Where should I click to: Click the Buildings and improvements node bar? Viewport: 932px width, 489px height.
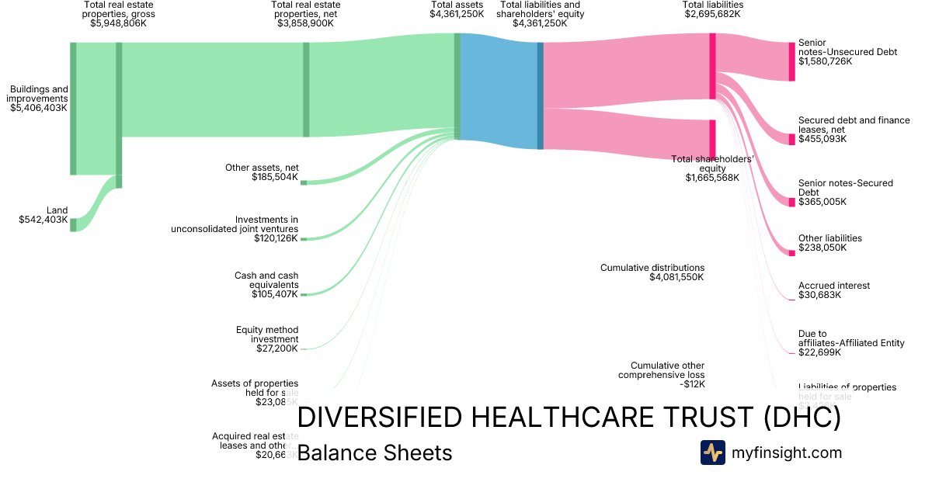click(73, 109)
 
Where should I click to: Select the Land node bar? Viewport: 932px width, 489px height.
click(73, 224)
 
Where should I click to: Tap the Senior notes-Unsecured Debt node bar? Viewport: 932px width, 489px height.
click(792, 61)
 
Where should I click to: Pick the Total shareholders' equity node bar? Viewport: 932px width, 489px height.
click(712, 140)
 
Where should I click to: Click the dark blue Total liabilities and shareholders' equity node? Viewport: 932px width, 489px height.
click(541, 95)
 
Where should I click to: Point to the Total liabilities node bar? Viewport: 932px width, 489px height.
click(712, 66)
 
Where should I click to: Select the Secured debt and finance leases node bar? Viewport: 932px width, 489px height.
click(792, 139)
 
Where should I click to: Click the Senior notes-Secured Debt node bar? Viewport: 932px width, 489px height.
click(792, 202)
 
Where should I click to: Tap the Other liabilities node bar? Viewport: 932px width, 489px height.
click(792, 251)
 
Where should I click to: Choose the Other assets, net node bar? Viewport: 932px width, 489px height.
click(304, 182)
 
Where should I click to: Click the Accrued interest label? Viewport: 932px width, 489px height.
click(834, 286)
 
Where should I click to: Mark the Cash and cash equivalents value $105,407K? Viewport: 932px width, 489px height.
click(275, 294)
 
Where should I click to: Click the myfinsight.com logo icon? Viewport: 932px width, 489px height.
click(712, 453)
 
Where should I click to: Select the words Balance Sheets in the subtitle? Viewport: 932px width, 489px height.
click(374, 453)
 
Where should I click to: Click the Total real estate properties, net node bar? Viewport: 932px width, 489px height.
click(306, 89)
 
